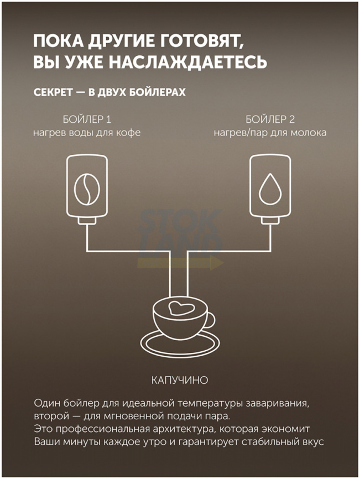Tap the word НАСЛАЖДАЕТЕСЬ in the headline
coord(188,62)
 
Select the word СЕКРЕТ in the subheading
coord(53,92)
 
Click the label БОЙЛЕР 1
coord(87,119)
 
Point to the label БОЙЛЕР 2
coord(270,119)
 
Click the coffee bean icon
coord(87,189)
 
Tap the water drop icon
coord(270,189)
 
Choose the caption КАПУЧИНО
coord(180,381)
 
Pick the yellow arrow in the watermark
coord(181,263)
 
